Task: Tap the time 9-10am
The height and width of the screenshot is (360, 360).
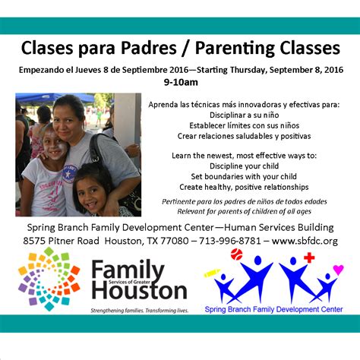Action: coord(180,81)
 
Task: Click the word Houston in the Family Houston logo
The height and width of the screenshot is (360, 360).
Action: coord(138,290)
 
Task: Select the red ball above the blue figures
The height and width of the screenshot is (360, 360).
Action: coord(236,254)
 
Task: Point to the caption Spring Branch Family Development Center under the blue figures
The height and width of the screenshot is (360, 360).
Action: coord(273,310)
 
